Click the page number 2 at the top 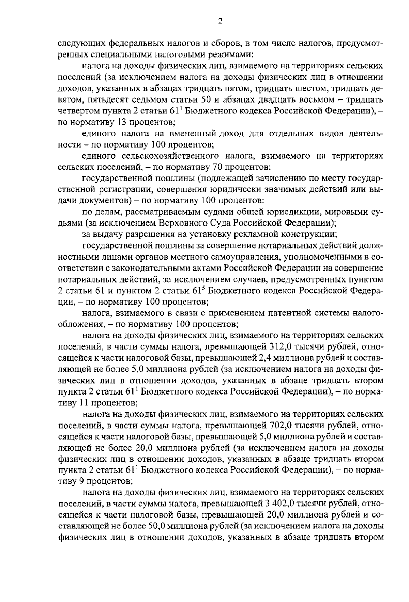click(x=220, y=21)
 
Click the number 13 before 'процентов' click(x=122, y=122)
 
